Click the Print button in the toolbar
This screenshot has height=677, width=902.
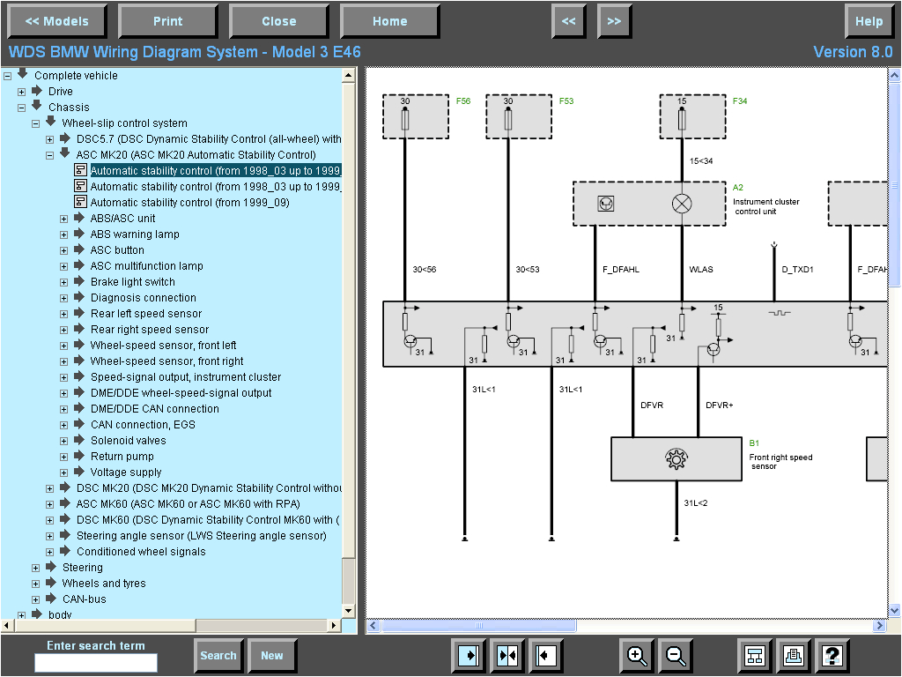[167, 21]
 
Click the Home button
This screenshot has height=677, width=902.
[389, 21]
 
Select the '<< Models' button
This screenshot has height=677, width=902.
[56, 21]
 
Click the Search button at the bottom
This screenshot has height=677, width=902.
[218, 655]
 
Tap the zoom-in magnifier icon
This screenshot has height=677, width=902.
[637, 655]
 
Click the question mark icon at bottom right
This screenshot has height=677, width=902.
[832, 655]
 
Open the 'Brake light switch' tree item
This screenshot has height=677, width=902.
[132, 282]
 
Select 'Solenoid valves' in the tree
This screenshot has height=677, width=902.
[128, 441]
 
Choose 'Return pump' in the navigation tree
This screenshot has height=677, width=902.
[122, 457]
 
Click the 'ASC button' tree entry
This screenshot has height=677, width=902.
[117, 250]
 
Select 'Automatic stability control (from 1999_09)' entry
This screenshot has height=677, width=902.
[189, 203]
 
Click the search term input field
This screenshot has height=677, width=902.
[96, 662]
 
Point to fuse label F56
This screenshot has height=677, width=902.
[463, 101]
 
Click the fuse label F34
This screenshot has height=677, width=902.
[740, 101]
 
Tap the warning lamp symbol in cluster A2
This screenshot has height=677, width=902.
[682, 204]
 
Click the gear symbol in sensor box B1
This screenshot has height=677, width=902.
[676, 458]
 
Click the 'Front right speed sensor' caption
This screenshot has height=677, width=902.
[780, 462]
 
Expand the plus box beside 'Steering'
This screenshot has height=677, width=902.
[36, 568]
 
